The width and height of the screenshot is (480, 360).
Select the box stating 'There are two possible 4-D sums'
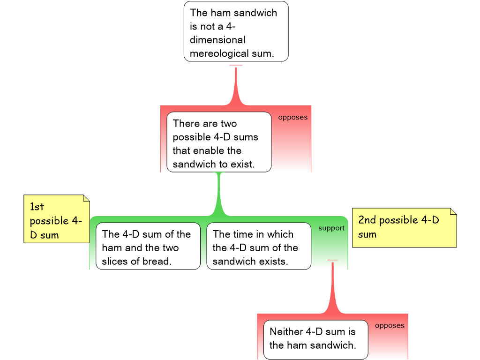(219, 142)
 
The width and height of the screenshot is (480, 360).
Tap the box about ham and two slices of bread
(148, 246)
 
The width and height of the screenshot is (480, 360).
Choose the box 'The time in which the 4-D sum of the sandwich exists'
(259, 246)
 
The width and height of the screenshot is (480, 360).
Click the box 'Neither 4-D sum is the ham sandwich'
(315, 339)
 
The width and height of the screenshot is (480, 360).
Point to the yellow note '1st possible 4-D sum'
(57, 219)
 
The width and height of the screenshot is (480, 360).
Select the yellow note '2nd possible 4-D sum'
(405, 228)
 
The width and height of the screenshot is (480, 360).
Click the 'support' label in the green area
(331, 228)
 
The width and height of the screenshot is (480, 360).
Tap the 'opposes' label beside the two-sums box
(293, 118)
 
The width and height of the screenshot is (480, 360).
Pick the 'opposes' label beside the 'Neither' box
(390, 326)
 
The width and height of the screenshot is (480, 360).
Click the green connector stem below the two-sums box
(219, 193)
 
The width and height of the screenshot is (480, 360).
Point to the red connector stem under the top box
(236, 85)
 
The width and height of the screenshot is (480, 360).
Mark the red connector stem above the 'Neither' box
(332, 287)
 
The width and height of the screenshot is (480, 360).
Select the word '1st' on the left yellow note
(37, 207)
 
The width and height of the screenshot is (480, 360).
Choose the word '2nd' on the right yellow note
(367, 220)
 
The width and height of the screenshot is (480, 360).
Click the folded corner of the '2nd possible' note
(453, 211)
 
